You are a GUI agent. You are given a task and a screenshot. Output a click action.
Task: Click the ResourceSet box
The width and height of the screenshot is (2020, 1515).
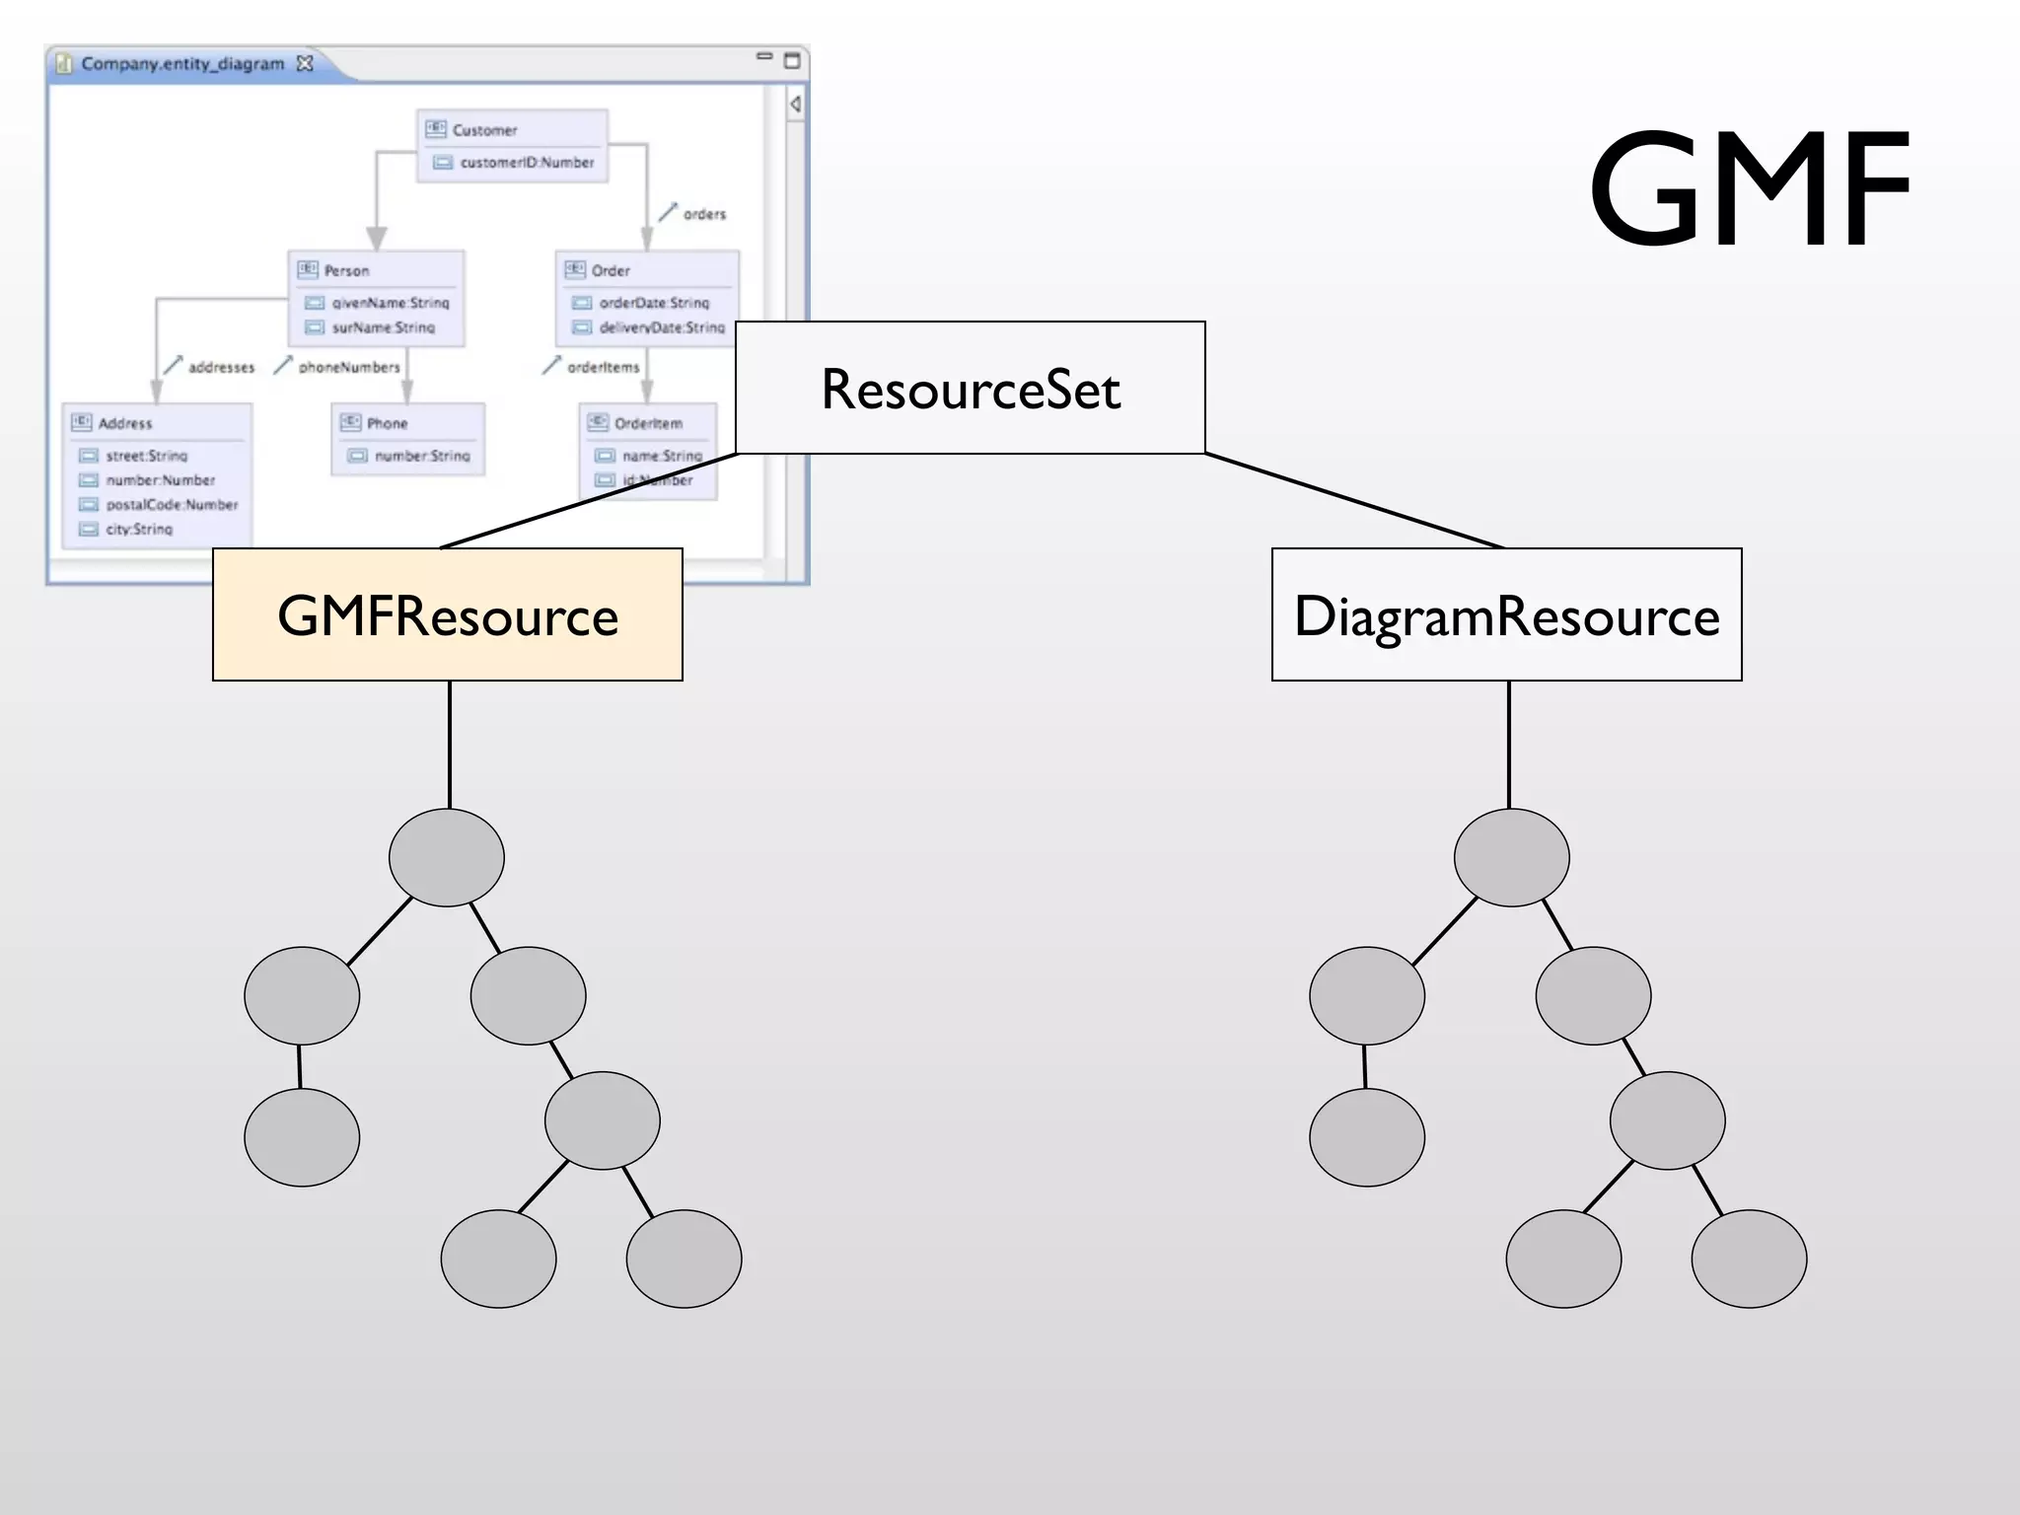click(x=971, y=389)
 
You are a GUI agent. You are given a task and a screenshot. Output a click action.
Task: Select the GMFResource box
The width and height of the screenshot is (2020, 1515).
click(x=448, y=615)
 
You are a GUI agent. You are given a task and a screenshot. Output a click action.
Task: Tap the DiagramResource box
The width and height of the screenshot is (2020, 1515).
click(x=1506, y=615)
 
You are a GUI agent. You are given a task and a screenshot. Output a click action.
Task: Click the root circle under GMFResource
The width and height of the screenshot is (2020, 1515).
click(x=447, y=857)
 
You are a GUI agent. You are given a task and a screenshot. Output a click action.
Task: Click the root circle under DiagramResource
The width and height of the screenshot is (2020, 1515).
click(x=1511, y=857)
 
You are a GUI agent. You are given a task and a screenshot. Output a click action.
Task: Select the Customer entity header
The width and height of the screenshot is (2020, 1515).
click(x=484, y=130)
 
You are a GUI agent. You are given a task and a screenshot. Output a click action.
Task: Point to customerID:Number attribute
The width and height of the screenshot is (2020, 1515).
click(x=527, y=163)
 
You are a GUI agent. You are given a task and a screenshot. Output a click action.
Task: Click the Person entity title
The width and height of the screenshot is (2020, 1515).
click(x=346, y=270)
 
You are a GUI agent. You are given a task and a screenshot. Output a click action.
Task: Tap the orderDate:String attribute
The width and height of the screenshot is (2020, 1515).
click(x=654, y=303)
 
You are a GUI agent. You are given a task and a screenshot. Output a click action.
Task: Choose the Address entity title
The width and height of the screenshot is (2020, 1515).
click(x=125, y=423)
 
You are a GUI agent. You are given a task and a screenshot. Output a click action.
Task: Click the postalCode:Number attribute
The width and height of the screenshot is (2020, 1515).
click(x=172, y=505)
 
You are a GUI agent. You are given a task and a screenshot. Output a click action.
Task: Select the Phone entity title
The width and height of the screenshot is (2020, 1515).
click(x=387, y=423)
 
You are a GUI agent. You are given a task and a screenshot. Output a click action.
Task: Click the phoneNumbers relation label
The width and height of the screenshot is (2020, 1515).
click(x=349, y=367)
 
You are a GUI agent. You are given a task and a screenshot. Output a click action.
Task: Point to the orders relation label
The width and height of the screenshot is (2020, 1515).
click(x=704, y=214)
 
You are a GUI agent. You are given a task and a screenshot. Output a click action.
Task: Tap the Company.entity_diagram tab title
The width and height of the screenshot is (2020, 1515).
click(x=182, y=64)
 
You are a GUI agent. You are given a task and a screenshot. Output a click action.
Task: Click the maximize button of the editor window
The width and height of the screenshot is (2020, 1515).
click(x=791, y=61)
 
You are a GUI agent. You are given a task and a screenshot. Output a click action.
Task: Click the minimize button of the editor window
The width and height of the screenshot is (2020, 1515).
click(x=764, y=56)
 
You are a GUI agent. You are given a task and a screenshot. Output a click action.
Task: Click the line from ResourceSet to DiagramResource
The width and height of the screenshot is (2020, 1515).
click(x=1353, y=501)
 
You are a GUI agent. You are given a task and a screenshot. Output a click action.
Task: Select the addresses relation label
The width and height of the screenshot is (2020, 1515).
click(x=221, y=367)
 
